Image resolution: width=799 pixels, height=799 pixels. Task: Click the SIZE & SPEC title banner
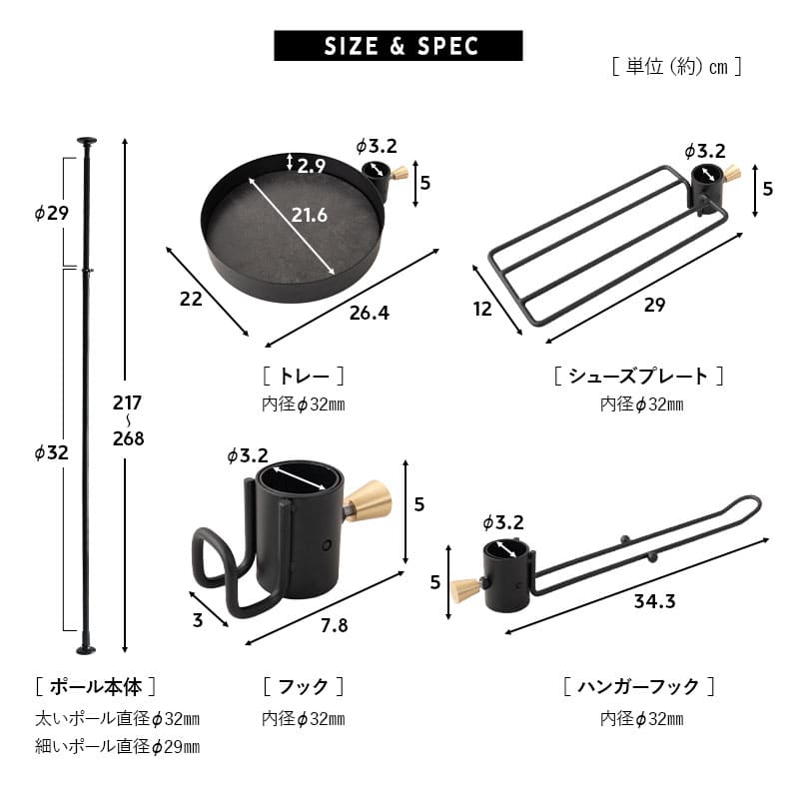click(398, 46)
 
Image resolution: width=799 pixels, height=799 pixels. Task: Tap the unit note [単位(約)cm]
click(676, 68)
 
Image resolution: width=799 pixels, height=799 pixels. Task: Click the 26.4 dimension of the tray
click(370, 313)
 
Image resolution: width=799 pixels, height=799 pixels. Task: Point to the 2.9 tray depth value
click(311, 166)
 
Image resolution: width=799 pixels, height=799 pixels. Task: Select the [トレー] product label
click(304, 377)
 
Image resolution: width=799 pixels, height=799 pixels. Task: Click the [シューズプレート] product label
click(639, 377)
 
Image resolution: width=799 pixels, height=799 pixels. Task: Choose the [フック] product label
click(303, 687)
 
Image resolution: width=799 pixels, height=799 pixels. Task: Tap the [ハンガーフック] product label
click(639, 687)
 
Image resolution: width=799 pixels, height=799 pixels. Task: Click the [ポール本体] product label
click(96, 687)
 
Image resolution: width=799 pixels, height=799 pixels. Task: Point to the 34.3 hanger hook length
click(654, 601)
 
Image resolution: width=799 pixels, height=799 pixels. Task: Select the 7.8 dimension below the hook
click(336, 625)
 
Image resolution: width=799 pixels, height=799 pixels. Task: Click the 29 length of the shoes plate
click(653, 305)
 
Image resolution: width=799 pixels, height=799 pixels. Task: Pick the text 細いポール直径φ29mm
click(117, 746)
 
